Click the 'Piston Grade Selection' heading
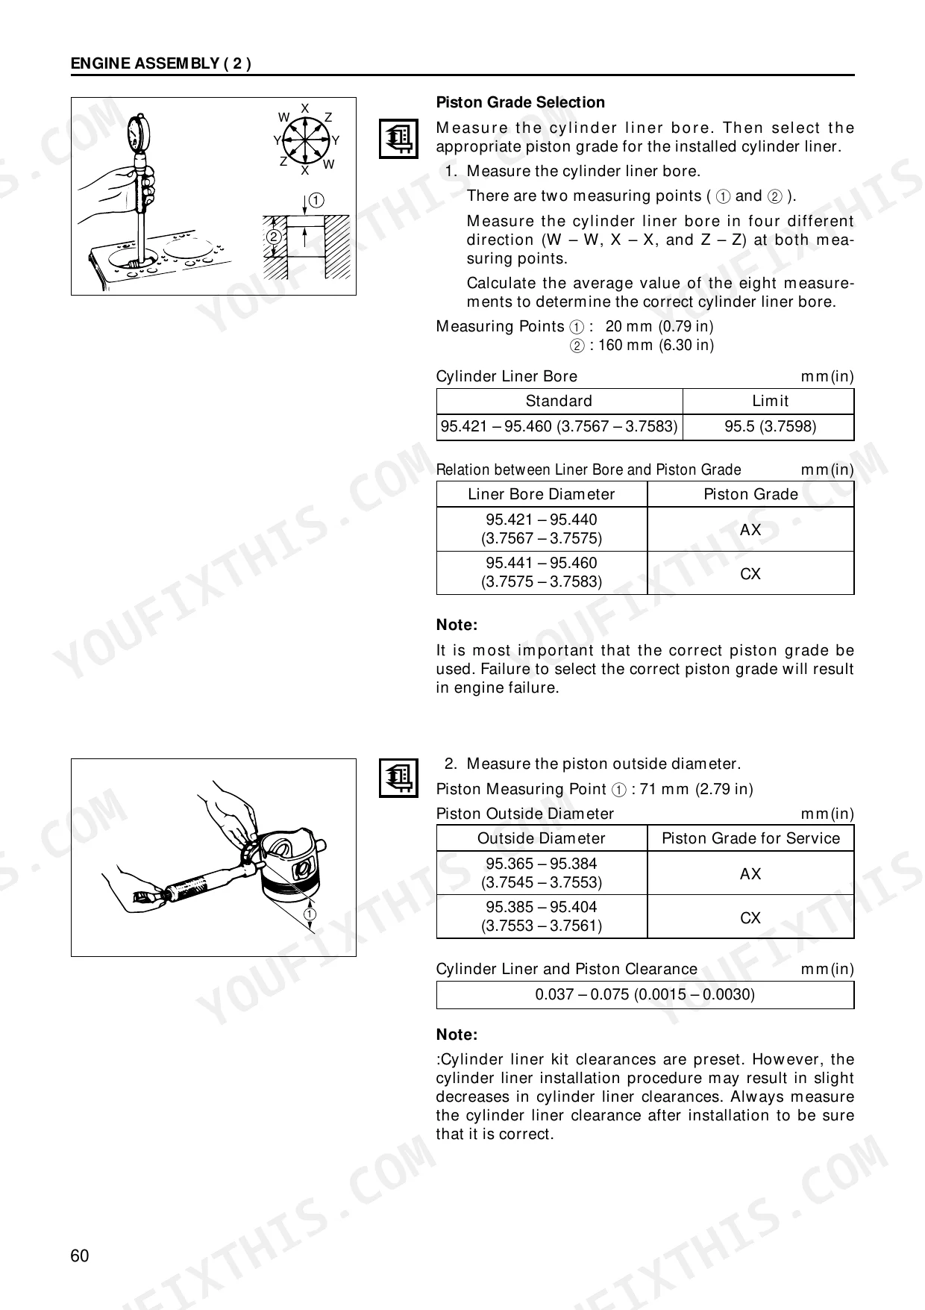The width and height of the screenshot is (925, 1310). click(520, 102)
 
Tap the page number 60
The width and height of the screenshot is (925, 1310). click(80, 1256)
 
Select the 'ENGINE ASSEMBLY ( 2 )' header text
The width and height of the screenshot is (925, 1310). click(160, 63)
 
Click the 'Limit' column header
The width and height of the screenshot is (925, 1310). click(770, 401)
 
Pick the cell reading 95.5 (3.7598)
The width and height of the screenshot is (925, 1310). click(770, 427)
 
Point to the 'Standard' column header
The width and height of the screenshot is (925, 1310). click(559, 401)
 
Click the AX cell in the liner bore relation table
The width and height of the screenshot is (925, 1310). click(750, 529)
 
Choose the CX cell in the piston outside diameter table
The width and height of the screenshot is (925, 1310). click(750, 917)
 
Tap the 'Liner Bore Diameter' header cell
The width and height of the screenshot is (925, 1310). click(541, 494)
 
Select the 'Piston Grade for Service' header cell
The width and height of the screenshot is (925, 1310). click(750, 838)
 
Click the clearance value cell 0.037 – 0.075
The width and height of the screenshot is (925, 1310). click(645, 994)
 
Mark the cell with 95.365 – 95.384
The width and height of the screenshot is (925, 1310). click(541, 873)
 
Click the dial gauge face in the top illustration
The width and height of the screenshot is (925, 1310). click(136, 134)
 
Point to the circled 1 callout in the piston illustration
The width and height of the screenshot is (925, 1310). click(310, 914)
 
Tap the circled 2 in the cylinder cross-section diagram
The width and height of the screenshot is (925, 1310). click(274, 237)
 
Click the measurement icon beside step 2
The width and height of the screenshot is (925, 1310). click(398, 778)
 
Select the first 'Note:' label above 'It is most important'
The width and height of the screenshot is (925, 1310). click(457, 625)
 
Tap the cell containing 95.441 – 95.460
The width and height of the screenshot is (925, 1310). click(541, 573)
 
